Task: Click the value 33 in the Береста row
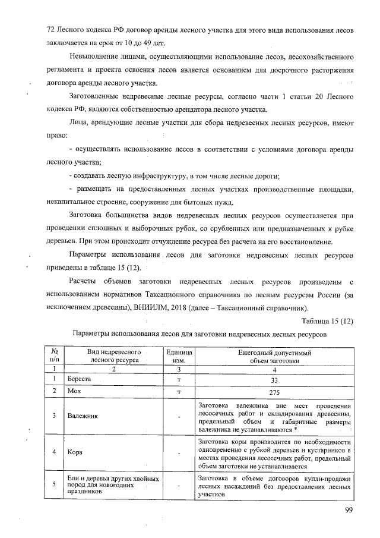[274, 379]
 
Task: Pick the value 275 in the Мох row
[274, 392]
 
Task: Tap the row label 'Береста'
[79, 379]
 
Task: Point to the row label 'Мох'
[74, 392]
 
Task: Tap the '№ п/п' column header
[54, 356]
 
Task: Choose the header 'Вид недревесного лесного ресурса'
[114, 356]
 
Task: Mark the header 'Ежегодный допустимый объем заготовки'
[274, 356]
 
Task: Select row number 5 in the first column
[54, 484]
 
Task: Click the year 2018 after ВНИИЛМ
[175, 308]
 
